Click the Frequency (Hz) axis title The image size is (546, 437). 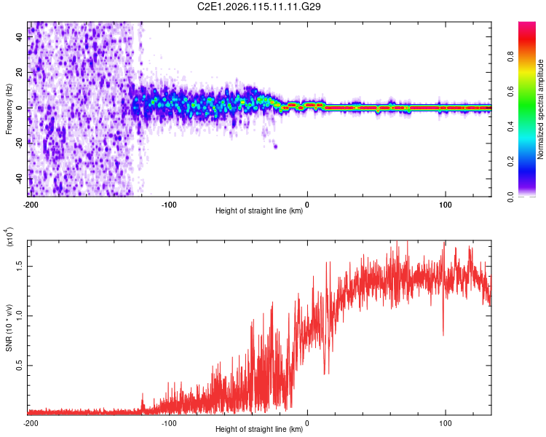point(9,109)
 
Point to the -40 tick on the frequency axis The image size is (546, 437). point(20,178)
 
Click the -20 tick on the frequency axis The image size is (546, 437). point(20,143)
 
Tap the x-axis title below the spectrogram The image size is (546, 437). point(259,211)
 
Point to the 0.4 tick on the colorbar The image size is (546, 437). point(511,127)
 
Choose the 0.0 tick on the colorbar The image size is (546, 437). point(511,196)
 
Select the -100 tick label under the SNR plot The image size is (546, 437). point(169,423)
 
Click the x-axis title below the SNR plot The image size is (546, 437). point(259,430)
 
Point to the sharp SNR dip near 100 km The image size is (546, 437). point(443,333)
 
